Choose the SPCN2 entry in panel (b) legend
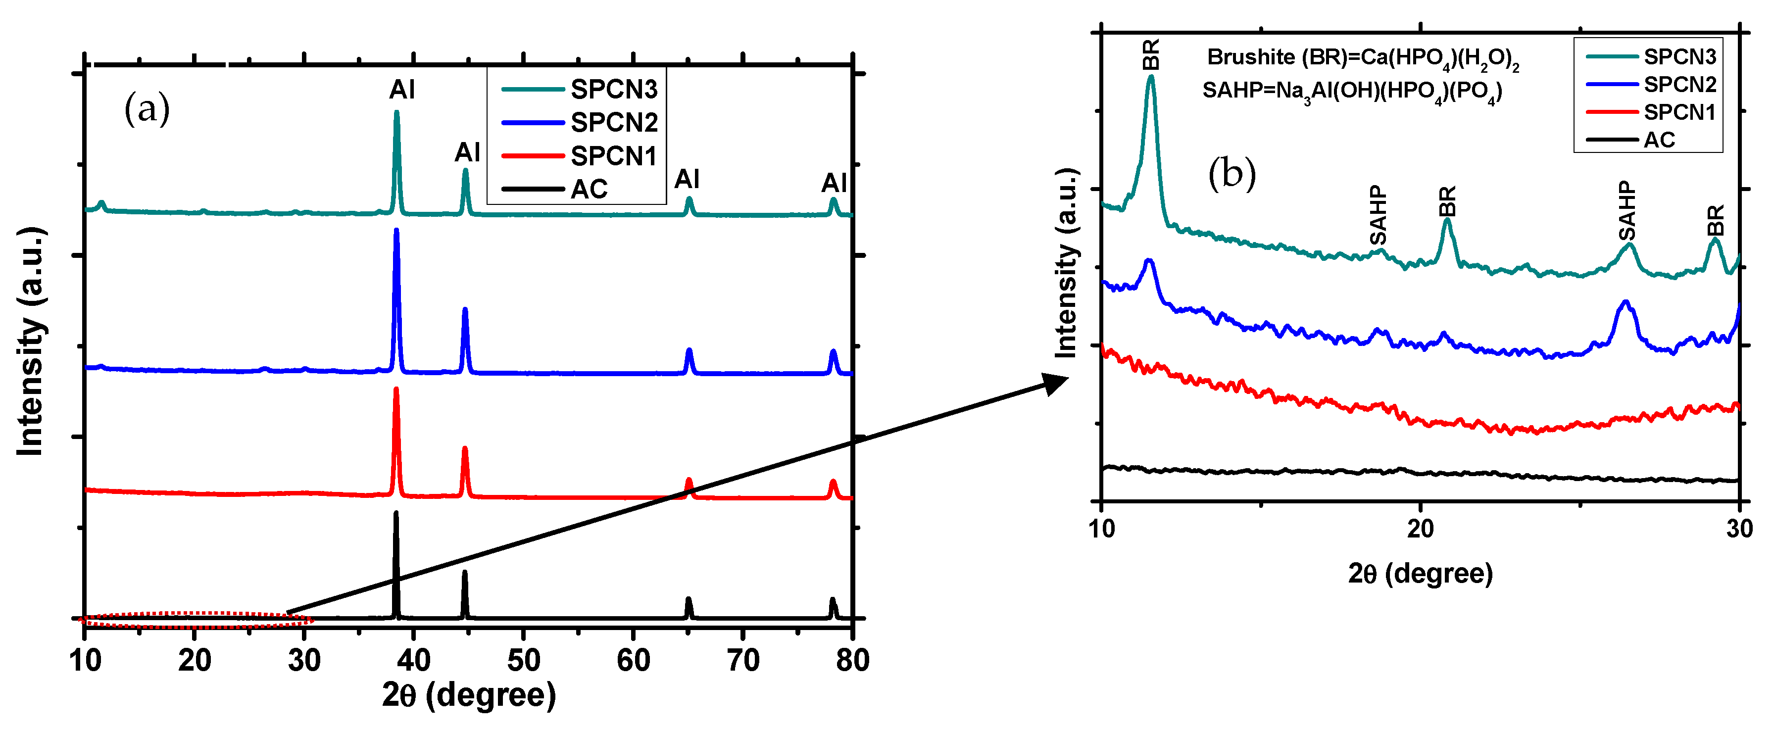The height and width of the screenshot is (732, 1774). coord(1679,84)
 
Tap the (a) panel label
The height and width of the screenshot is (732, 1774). coord(147,109)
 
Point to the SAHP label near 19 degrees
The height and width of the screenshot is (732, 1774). coord(1378,215)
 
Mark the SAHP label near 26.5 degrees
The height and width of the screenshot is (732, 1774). coord(1626,210)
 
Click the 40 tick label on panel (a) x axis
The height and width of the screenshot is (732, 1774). coord(413,660)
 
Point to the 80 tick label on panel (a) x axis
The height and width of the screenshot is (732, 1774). coord(852,660)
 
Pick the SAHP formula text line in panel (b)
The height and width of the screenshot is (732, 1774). coord(1351,92)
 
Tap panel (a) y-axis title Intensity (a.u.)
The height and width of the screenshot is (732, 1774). coord(31,341)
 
